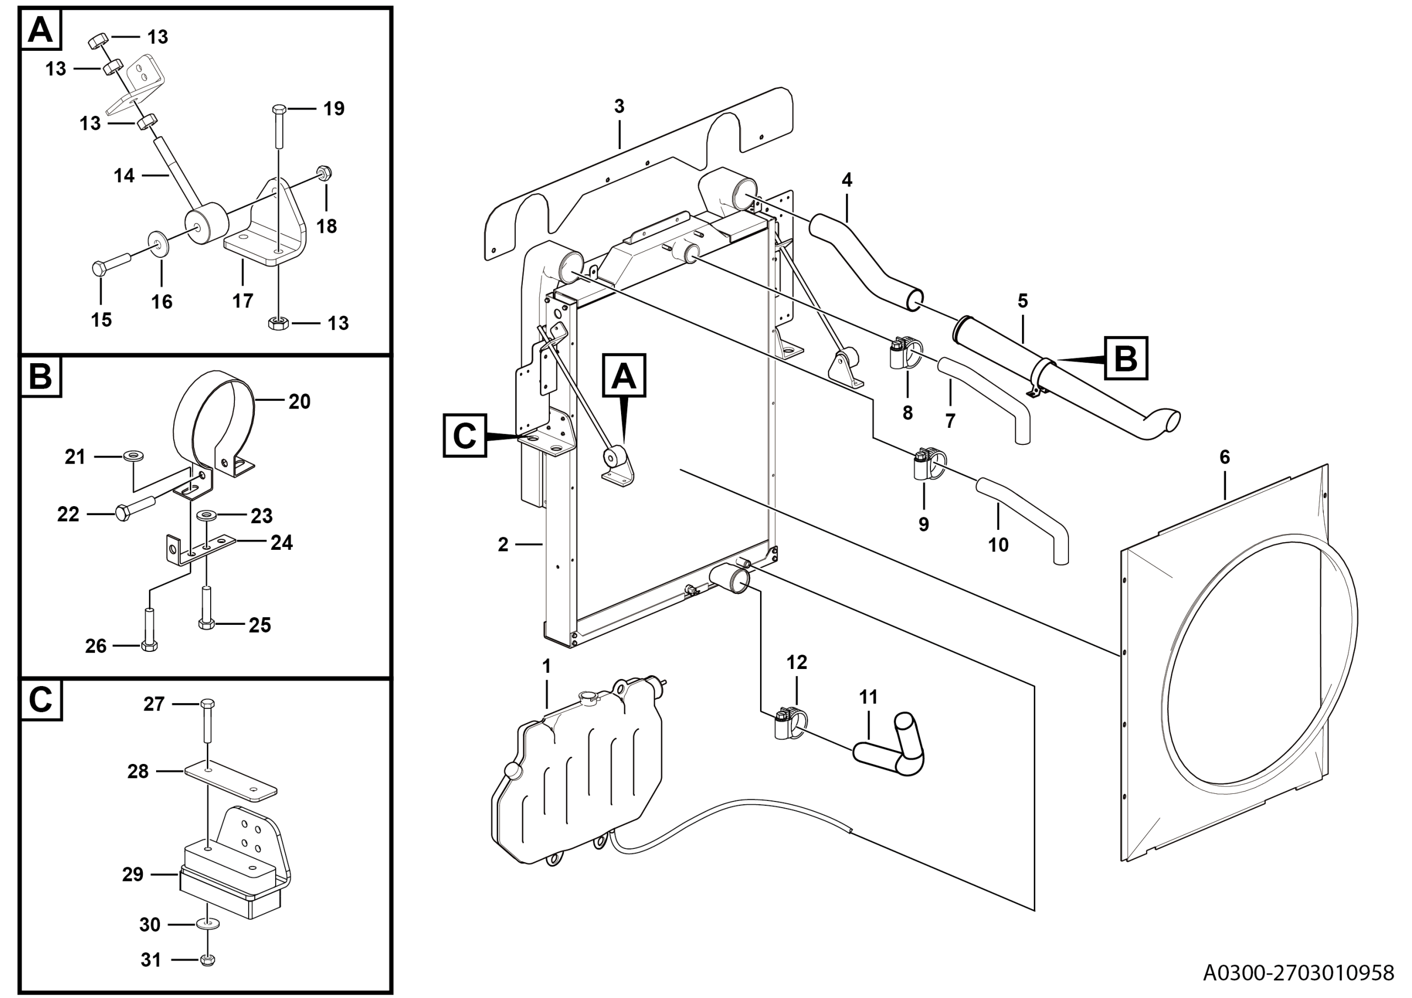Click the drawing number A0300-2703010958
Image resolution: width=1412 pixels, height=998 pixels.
point(1298,972)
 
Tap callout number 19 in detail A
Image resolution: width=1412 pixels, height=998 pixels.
point(334,109)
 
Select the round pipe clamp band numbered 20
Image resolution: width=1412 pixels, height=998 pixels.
point(215,424)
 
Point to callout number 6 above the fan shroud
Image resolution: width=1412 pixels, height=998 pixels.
point(1224,457)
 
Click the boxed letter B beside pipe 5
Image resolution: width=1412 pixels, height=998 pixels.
point(1126,358)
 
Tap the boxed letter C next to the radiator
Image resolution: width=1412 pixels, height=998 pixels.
point(464,436)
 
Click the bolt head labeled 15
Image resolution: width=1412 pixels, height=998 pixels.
point(100,268)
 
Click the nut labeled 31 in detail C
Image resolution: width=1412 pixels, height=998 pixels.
point(208,959)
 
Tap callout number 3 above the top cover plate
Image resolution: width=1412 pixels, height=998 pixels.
point(619,107)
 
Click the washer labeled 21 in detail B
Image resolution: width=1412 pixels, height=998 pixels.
point(131,456)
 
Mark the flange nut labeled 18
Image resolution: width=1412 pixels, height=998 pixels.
point(324,173)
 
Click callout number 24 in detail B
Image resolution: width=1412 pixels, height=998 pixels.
point(282,542)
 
